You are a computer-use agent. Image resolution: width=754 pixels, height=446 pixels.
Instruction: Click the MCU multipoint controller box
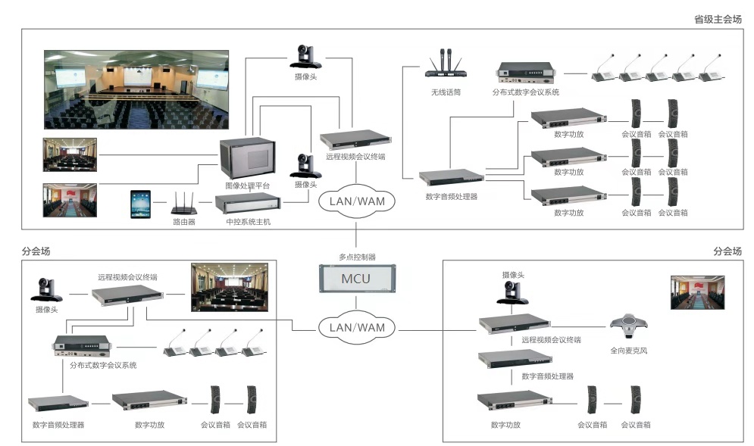pyautogui.click(x=355, y=279)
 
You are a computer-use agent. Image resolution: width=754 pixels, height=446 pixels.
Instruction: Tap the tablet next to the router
pyautogui.click(x=141, y=204)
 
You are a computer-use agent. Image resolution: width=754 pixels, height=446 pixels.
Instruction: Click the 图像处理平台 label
pyautogui.click(x=247, y=185)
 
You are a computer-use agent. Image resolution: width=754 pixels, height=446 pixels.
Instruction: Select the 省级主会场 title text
pyautogui.click(x=717, y=19)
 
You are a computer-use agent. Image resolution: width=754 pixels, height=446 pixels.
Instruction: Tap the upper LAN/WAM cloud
pyautogui.click(x=356, y=202)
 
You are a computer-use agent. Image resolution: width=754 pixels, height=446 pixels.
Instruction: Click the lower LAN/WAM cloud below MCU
pyautogui.click(x=356, y=328)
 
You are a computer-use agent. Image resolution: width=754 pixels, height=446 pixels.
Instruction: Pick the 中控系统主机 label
pyautogui.click(x=248, y=222)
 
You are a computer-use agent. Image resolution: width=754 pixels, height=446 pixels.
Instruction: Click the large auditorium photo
pyautogui.click(x=136, y=89)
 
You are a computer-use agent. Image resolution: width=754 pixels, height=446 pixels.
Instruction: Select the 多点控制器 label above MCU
pyautogui.click(x=356, y=257)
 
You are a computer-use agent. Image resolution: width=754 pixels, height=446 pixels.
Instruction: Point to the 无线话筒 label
pyautogui.click(x=445, y=92)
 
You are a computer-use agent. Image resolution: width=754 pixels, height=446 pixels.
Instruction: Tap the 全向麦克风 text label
pyautogui.click(x=629, y=351)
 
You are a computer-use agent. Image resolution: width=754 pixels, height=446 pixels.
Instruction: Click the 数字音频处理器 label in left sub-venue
pyautogui.click(x=58, y=425)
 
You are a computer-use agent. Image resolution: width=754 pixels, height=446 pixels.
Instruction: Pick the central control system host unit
pyautogui.click(x=247, y=204)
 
